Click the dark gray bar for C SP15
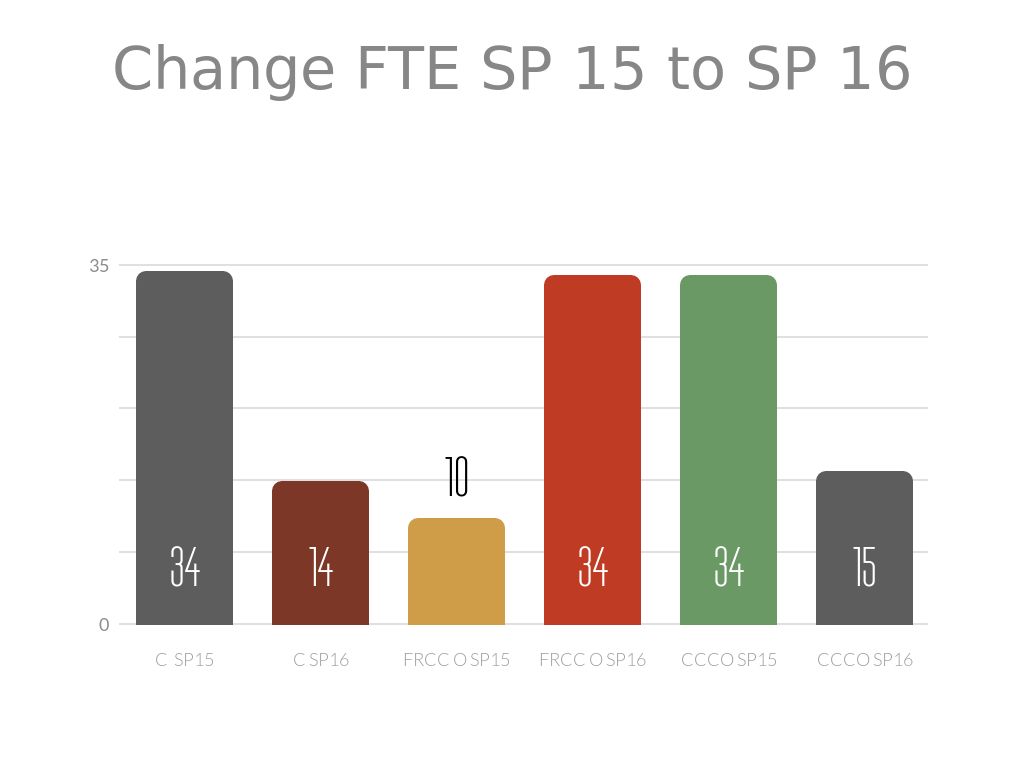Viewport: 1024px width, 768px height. [184, 420]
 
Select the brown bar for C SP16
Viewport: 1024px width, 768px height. [320, 520]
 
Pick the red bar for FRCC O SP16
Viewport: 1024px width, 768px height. [592, 420]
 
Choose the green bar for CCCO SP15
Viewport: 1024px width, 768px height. [728, 420]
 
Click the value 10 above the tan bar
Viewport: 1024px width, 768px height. [456, 478]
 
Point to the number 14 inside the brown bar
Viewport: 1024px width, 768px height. [320, 567]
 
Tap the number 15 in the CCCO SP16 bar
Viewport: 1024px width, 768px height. [864, 567]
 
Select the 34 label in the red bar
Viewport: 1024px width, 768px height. [592, 567]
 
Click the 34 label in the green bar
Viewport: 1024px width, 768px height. [728, 567]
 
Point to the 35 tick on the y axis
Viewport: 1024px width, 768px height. [99, 266]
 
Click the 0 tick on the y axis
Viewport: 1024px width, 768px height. [104, 625]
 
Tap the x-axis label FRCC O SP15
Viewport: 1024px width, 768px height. [456, 660]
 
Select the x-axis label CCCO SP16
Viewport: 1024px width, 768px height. [864, 660]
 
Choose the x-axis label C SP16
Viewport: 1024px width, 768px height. [320, 660]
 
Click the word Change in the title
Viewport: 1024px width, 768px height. [224, 70]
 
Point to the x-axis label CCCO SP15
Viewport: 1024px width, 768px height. [728, 660]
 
